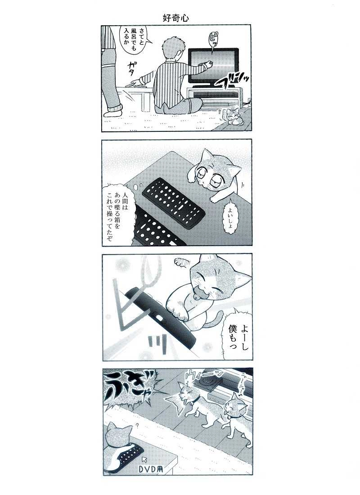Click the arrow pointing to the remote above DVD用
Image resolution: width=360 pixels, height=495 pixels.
click(144, 459)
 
